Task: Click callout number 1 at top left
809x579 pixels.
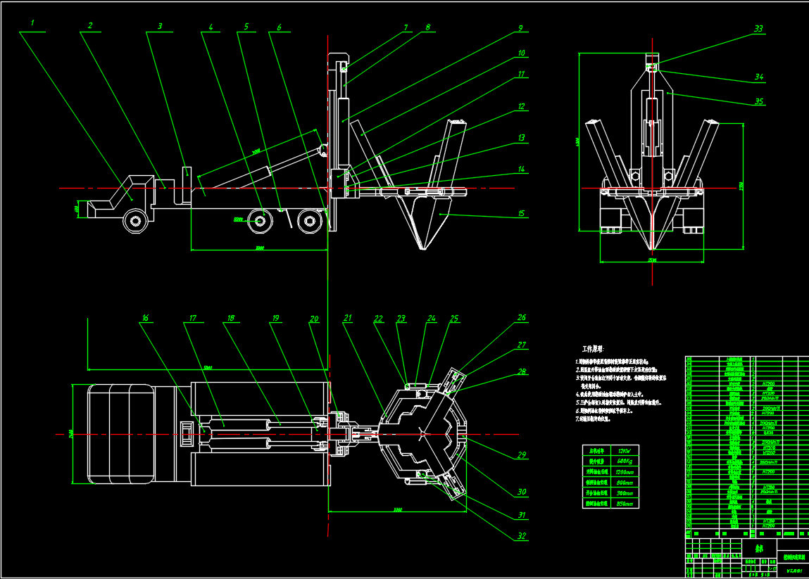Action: (33, 22)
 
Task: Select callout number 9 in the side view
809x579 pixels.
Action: (520, 28)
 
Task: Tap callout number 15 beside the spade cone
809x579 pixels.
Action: (521, 213)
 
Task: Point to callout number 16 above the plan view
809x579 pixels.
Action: (145, 318)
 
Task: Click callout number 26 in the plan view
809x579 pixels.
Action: (521, 317)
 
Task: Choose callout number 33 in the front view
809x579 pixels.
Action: (758, 29)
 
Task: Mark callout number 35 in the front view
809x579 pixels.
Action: (759, 101)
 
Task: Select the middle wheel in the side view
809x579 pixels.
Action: (261, 222)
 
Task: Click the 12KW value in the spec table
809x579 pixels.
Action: (624, 450)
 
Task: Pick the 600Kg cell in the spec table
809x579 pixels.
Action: (624, 461)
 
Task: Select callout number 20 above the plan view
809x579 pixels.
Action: (314, 318)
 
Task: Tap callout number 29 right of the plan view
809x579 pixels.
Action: (522, 455)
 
